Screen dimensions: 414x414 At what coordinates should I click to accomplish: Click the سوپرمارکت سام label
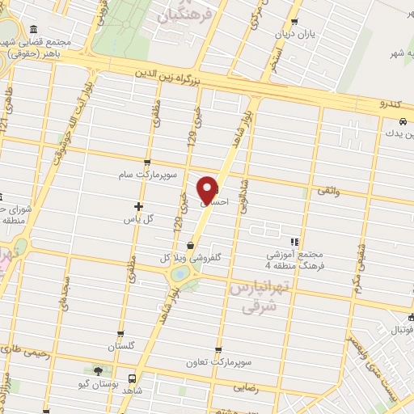click(x=144, y=174)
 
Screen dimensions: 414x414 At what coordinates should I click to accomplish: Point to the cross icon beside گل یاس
click(x=138, y=206)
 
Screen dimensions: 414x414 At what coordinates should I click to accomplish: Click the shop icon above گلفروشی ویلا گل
click(x=190, y=246)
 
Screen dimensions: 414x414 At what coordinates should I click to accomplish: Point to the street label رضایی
click(x=247, y=387)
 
